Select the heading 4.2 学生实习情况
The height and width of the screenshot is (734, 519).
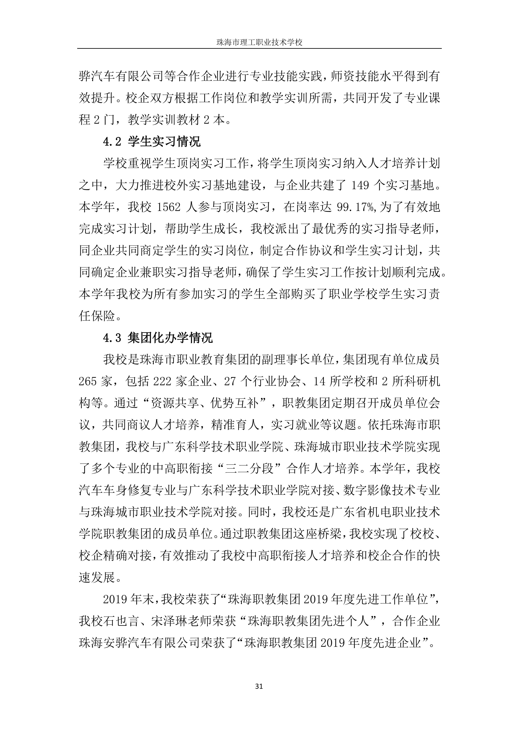coord(152,142)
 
